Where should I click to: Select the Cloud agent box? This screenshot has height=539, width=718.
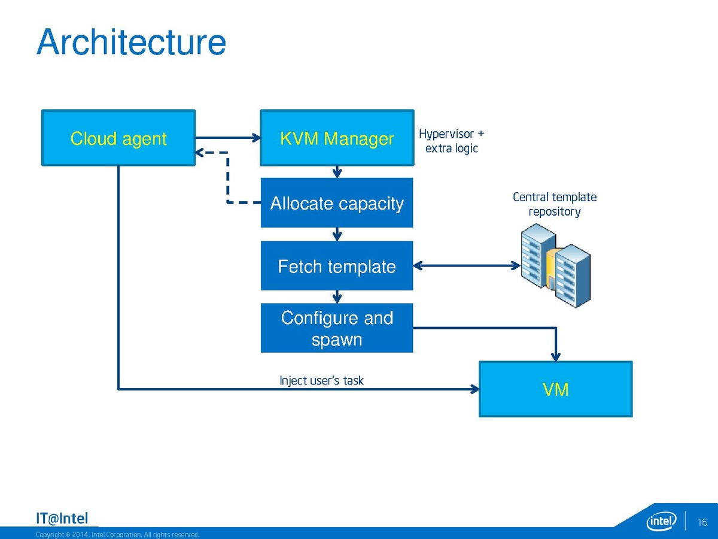tap(118, 138)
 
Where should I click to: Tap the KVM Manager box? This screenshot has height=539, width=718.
tap(337, 138)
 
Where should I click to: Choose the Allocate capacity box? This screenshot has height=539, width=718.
tap(337, 203)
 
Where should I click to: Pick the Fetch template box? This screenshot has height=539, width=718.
tap(337, 266)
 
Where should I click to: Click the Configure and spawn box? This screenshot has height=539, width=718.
tap(337, 328)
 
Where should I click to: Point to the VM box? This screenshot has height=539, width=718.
tap(555, 389)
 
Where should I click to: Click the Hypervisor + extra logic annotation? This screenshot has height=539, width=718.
tap(451, 141)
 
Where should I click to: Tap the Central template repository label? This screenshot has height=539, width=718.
tap(555, 204)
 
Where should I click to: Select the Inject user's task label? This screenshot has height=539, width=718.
tap(321, 380)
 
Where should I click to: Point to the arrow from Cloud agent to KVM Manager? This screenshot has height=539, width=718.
tap(227, 138)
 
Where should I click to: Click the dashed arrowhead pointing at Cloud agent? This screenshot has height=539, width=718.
tap(202, 153)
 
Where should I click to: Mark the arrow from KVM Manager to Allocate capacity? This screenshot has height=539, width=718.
tap(337, 172)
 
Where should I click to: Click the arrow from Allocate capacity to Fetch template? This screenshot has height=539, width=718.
tap(337, 234)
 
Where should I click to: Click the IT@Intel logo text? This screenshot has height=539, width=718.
tap(62, 519)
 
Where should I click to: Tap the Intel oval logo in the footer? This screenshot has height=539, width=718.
tap(662, 521)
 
